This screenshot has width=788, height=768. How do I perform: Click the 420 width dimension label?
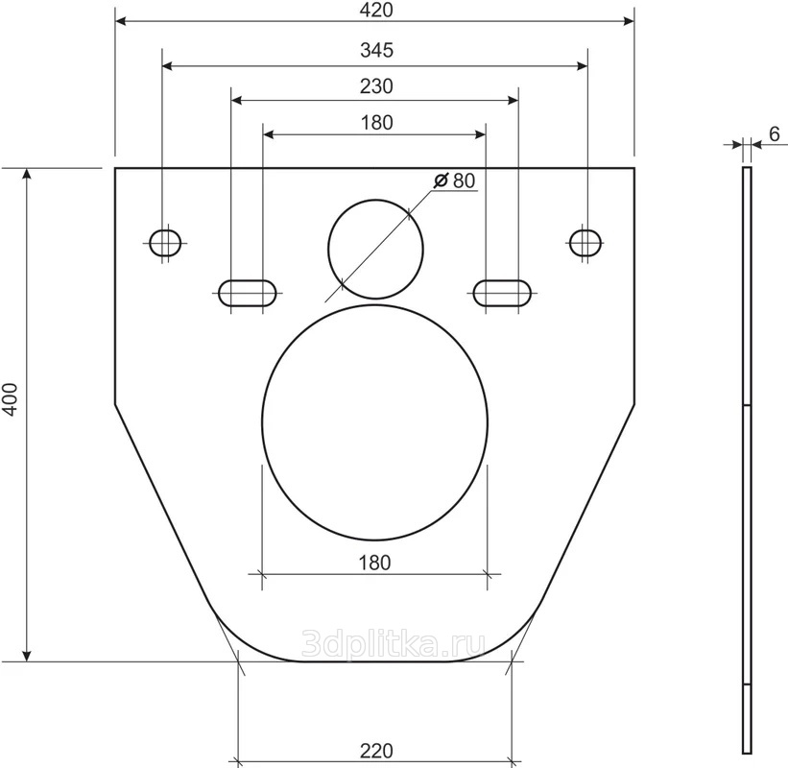376,10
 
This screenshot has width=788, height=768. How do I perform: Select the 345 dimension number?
377,50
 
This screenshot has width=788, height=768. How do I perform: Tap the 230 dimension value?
376,86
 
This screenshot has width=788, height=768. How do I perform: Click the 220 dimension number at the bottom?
376,751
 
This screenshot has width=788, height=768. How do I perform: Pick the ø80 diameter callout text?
455,180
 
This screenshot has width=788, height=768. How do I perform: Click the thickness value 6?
775,134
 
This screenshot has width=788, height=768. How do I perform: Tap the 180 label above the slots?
377,123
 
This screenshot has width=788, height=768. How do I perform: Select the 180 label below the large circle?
375,563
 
